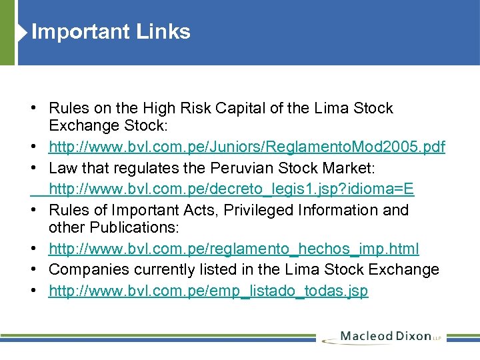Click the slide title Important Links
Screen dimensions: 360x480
click(111, 32)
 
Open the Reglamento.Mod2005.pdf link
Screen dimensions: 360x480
click(247, 147)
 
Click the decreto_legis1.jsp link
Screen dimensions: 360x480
click(231, 189)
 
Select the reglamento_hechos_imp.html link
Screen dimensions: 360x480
click(234, 249)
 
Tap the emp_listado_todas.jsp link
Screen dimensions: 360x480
click(208, 291)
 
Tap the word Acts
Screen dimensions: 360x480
click(197, 210)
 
